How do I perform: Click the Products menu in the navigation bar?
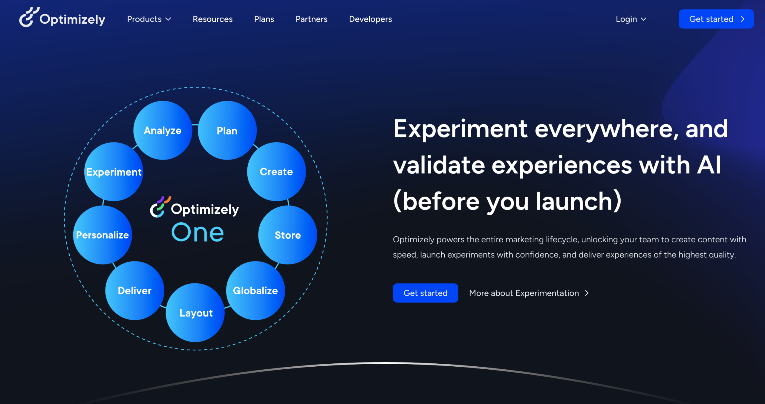point(149,19)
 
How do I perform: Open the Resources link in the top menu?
point(212,19)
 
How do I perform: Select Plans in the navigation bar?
point(264,19)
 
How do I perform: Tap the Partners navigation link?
point(311,19)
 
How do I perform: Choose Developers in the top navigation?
point(370,19)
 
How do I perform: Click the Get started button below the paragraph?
point(425,293)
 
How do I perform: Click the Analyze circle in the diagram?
point(163,130)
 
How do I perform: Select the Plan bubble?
point(227,130)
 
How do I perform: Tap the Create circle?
point(276,172)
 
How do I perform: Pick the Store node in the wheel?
point(287,235)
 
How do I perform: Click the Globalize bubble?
point(255,290)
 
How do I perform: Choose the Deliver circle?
point(135,290)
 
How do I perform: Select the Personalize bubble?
point(102,235)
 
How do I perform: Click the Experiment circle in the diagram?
point(114,172)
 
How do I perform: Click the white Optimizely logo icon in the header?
point(29,17)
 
